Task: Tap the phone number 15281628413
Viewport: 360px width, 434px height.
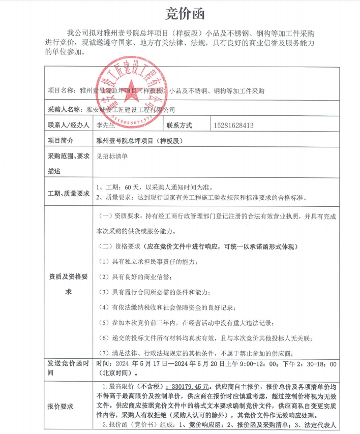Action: (234, 125)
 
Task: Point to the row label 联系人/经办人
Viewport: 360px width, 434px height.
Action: (68, 125)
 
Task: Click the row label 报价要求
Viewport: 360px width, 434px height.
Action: (61, 407)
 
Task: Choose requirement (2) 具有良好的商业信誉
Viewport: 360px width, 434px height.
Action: (136, 277)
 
